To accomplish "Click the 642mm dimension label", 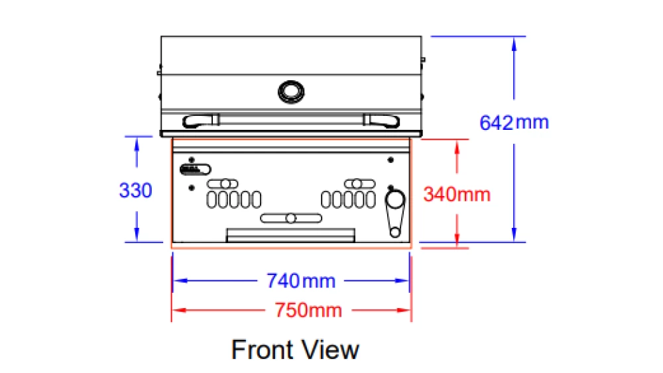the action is click(x=514, y=123).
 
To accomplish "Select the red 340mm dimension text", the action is click(x=457, y=194).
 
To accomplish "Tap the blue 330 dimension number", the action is click(x=135, y=190).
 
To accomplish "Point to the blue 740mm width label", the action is click(x=301, y=281).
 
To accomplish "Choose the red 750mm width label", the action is click(x=308, y=311).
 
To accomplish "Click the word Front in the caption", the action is click(x=262, y=350).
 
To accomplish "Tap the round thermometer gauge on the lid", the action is click(x=291, y=91).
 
